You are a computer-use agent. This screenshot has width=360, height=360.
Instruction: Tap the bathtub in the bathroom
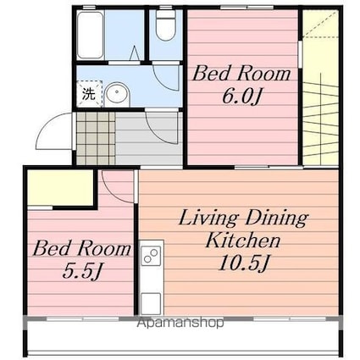[90, 36]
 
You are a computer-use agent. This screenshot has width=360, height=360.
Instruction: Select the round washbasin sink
[117, 95]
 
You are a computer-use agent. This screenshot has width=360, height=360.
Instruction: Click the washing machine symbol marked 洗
[89, 94]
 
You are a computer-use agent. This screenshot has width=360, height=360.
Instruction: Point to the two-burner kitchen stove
[151, 255]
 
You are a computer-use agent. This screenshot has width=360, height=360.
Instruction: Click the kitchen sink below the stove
[151, 303]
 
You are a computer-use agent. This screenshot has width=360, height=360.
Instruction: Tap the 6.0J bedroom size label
[241, 97]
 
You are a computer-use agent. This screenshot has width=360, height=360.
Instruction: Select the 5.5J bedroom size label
[81, 272]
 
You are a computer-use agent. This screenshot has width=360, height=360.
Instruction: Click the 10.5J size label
[243, 263]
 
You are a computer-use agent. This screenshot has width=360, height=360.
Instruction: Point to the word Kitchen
[243, 240]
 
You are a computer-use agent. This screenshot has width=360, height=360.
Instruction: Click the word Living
[208, 219]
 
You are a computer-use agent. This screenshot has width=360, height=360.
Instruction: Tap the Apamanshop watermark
[180, 323]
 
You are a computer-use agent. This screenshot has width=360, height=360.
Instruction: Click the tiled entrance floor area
[96, 138]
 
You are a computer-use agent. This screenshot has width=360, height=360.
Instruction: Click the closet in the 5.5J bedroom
[61, 188]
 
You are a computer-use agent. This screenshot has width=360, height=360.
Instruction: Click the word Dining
[276, 219]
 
